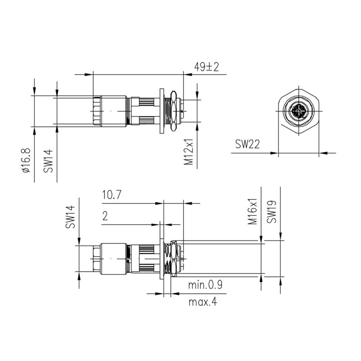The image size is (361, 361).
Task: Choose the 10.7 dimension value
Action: coord(112,195)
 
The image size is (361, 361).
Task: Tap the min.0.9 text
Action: coord(208,285)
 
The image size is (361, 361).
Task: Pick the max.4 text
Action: coord(202,302)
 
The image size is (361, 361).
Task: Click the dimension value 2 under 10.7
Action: coord(105,217)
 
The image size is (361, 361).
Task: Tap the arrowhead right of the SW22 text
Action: coord(274,153)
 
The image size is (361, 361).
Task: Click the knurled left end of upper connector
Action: coord(96,111)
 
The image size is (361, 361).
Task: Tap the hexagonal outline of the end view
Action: coord(299,90)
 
